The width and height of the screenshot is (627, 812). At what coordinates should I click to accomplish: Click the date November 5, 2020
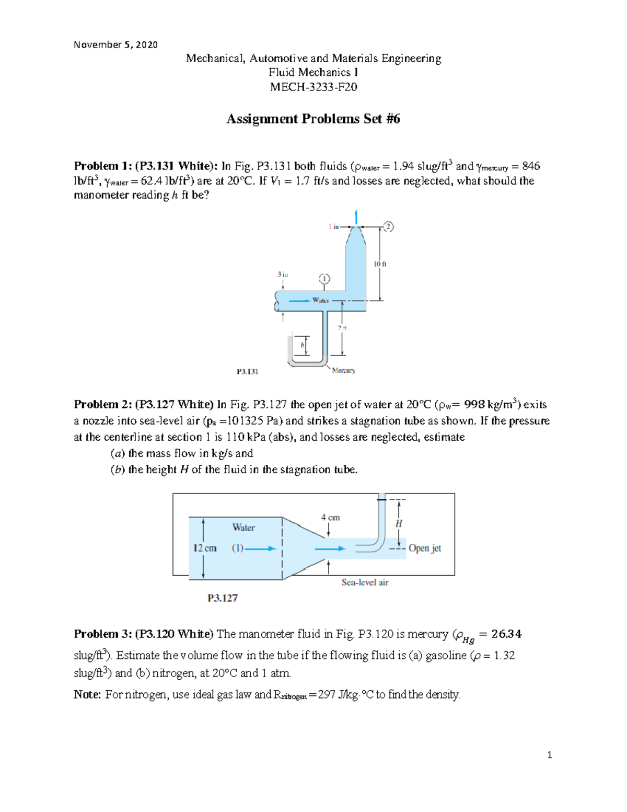pyautogui.click(x=115, y=45)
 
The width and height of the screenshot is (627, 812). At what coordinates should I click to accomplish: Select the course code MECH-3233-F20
pyautogui.click(x=313, y=87)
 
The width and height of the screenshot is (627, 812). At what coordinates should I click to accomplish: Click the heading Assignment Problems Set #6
pyautogui.click(x=313, y=119)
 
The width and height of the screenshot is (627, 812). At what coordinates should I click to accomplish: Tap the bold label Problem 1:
pyautogui.click(x=103, y=166)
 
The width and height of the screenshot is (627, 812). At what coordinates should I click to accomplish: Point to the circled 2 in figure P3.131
pyautogui.click(x=388, y=226)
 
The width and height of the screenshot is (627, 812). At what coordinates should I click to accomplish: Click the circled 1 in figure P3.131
pyautogui.click(x=324, y=279)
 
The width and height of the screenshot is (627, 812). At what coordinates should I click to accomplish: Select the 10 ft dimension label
pyautogui.click(x=380, y=264)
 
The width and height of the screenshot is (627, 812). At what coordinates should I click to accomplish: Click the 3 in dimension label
pyautogui.click(x=283, y=274)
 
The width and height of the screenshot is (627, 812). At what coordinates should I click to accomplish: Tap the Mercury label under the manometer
pyautogui.click(x=343, y=370)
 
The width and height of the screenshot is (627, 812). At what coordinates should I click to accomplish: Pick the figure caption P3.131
pyautogui.click(x=247, y=372)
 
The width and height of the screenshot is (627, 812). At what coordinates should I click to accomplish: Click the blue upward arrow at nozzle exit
pyautogui.click(x=356, y=216)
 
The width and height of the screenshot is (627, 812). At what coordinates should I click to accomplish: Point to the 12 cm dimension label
pyautogui.click(x=205, y=548)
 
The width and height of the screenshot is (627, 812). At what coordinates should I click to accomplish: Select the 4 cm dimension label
pyautogui.click(x=330, y=518)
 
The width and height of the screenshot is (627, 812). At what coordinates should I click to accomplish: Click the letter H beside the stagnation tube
pyautogui.click(x=399, y=523)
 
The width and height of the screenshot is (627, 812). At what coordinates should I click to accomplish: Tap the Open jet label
pyautogui.click(x=425, y=548)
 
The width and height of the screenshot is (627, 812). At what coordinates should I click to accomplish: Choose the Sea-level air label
pyautogui.click(x=365, y=582)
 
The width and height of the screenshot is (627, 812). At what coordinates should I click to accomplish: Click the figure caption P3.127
pyautogui.click(x=223, y=598)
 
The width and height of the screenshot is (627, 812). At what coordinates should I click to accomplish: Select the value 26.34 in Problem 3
pyautogui.click(x=506, y=634)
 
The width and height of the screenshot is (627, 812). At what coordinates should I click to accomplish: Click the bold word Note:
pyautogui.click(x=87, y=695)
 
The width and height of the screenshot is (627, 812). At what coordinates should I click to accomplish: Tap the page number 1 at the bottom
pyautogui.click(x=549, y=755)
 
